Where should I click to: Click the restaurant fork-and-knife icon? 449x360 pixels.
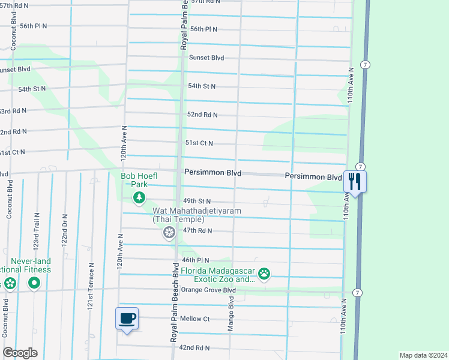pos(355,181)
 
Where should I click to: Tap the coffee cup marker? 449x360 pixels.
pos(127,318)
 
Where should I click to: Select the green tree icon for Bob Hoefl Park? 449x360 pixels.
pos(139,198)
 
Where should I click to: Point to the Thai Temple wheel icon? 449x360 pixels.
pos(169,232)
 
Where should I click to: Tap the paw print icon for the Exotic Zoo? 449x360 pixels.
pos(264,274)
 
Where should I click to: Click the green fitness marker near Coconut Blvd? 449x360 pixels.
pos(34,283)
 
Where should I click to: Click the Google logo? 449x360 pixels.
pos(20,353)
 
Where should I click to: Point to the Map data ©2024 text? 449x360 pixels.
pos(423,355)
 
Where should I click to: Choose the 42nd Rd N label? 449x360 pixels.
pos(194,347)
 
